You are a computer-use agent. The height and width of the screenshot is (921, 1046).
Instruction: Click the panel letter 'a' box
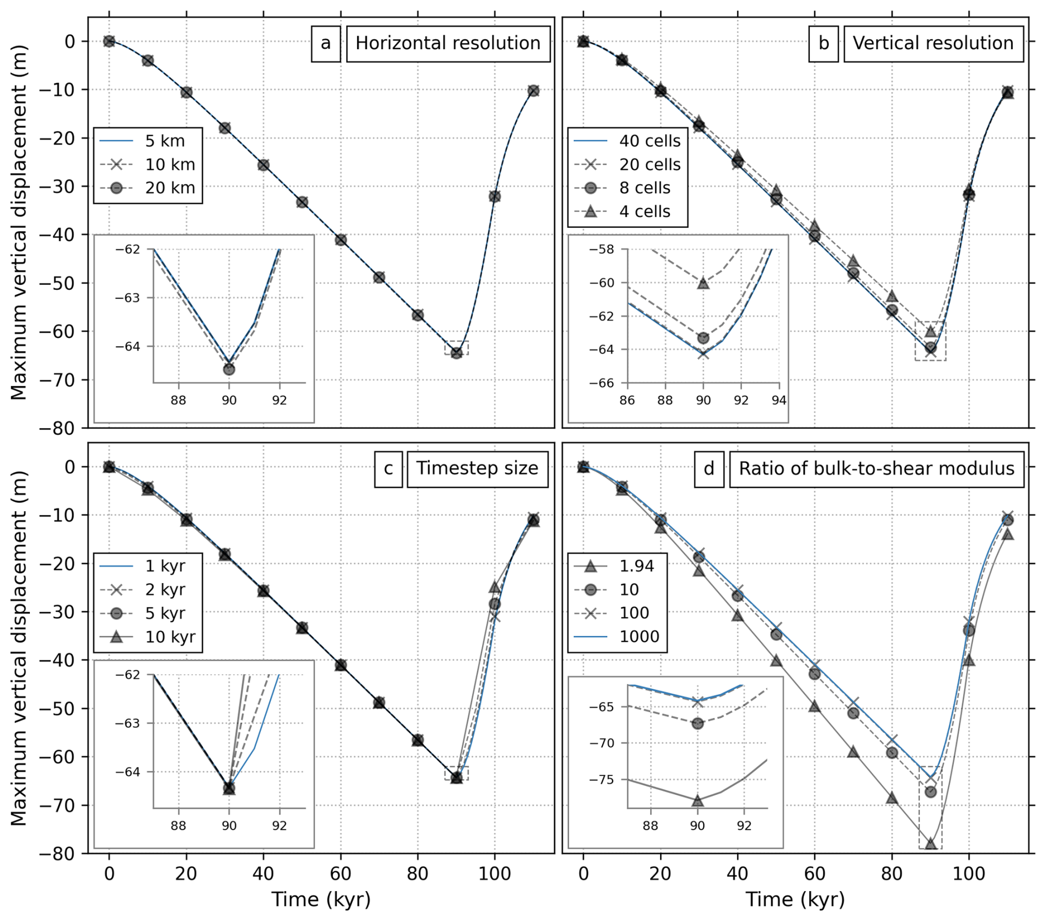click(x=326, y=43)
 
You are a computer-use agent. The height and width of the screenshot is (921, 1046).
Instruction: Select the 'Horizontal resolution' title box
click(x=448, y=43)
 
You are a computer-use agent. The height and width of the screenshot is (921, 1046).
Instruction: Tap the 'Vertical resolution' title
click(x=933, y=43)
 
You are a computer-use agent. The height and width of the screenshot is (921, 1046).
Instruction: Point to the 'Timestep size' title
click(x=477, y=469)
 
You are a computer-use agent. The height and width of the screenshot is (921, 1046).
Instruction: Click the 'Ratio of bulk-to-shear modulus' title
click(x=876, y=469)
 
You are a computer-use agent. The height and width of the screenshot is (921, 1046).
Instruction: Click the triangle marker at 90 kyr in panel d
click(x=930, y=844)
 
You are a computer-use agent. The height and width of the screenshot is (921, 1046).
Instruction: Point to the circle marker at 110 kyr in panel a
click(x=533, y=91)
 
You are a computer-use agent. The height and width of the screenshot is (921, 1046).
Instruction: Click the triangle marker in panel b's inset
click(x=703, y=283)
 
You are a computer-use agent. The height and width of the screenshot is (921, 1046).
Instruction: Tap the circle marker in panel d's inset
click(x=698, y=724)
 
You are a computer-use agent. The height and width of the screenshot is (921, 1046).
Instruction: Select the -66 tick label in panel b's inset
click(x=602, y=383)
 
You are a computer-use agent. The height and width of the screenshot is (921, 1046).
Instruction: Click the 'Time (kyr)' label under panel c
click(x=321, y=900)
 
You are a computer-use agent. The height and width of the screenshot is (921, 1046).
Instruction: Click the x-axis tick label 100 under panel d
click(x=969, y=875)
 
